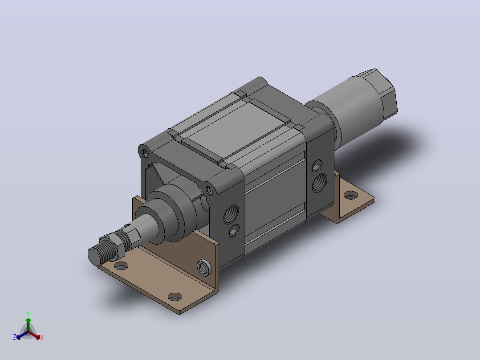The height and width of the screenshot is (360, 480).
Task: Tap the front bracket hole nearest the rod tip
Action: [121, 266]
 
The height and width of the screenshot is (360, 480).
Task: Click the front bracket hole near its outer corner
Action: [175, 297]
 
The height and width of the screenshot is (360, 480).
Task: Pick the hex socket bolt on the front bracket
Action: [204, 267]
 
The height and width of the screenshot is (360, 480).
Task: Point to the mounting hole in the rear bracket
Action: [351, 195]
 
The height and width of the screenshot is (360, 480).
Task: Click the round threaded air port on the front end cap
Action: [231, 214]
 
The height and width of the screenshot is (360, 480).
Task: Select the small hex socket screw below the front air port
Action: [234, 231]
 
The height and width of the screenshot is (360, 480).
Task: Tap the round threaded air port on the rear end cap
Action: [320, 182]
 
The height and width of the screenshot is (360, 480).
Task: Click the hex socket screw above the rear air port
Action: [317, 166]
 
